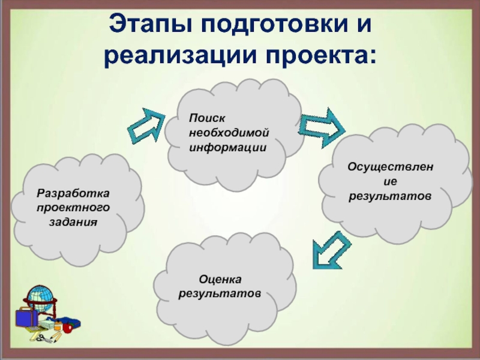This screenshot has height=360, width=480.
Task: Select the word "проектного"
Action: [x=73, y=208]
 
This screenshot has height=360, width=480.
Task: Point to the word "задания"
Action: [x=73, y=222]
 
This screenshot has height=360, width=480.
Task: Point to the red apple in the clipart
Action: [x=68, y=328]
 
